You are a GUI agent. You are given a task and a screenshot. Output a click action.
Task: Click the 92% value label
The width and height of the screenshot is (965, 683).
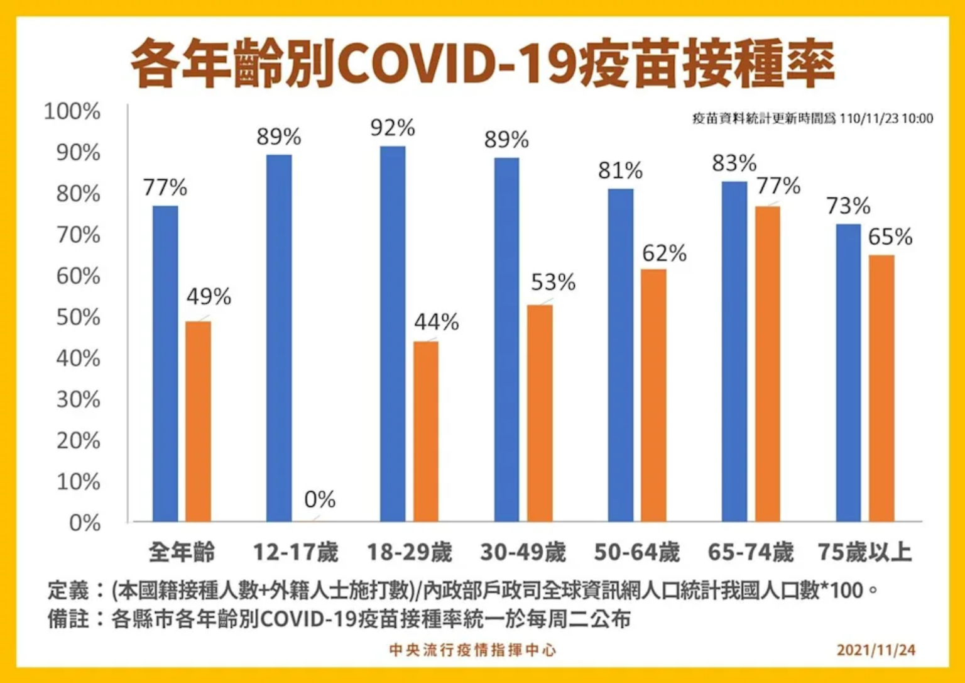393,128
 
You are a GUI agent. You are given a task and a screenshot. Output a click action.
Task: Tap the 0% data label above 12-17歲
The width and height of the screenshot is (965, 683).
320,500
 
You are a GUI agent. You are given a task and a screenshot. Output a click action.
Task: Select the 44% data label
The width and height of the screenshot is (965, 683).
436,323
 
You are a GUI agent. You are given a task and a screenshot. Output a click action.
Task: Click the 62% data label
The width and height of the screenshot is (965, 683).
664,253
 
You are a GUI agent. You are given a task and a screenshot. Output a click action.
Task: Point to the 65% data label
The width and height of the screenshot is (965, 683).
890,237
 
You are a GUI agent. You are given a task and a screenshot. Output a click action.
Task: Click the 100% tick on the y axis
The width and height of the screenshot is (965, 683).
72,111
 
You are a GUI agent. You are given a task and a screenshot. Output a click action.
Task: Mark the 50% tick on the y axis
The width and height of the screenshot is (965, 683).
78,318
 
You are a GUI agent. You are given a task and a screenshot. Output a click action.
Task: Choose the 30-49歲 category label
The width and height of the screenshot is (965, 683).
523,553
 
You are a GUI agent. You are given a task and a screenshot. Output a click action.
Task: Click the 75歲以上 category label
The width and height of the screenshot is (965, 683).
864,553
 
